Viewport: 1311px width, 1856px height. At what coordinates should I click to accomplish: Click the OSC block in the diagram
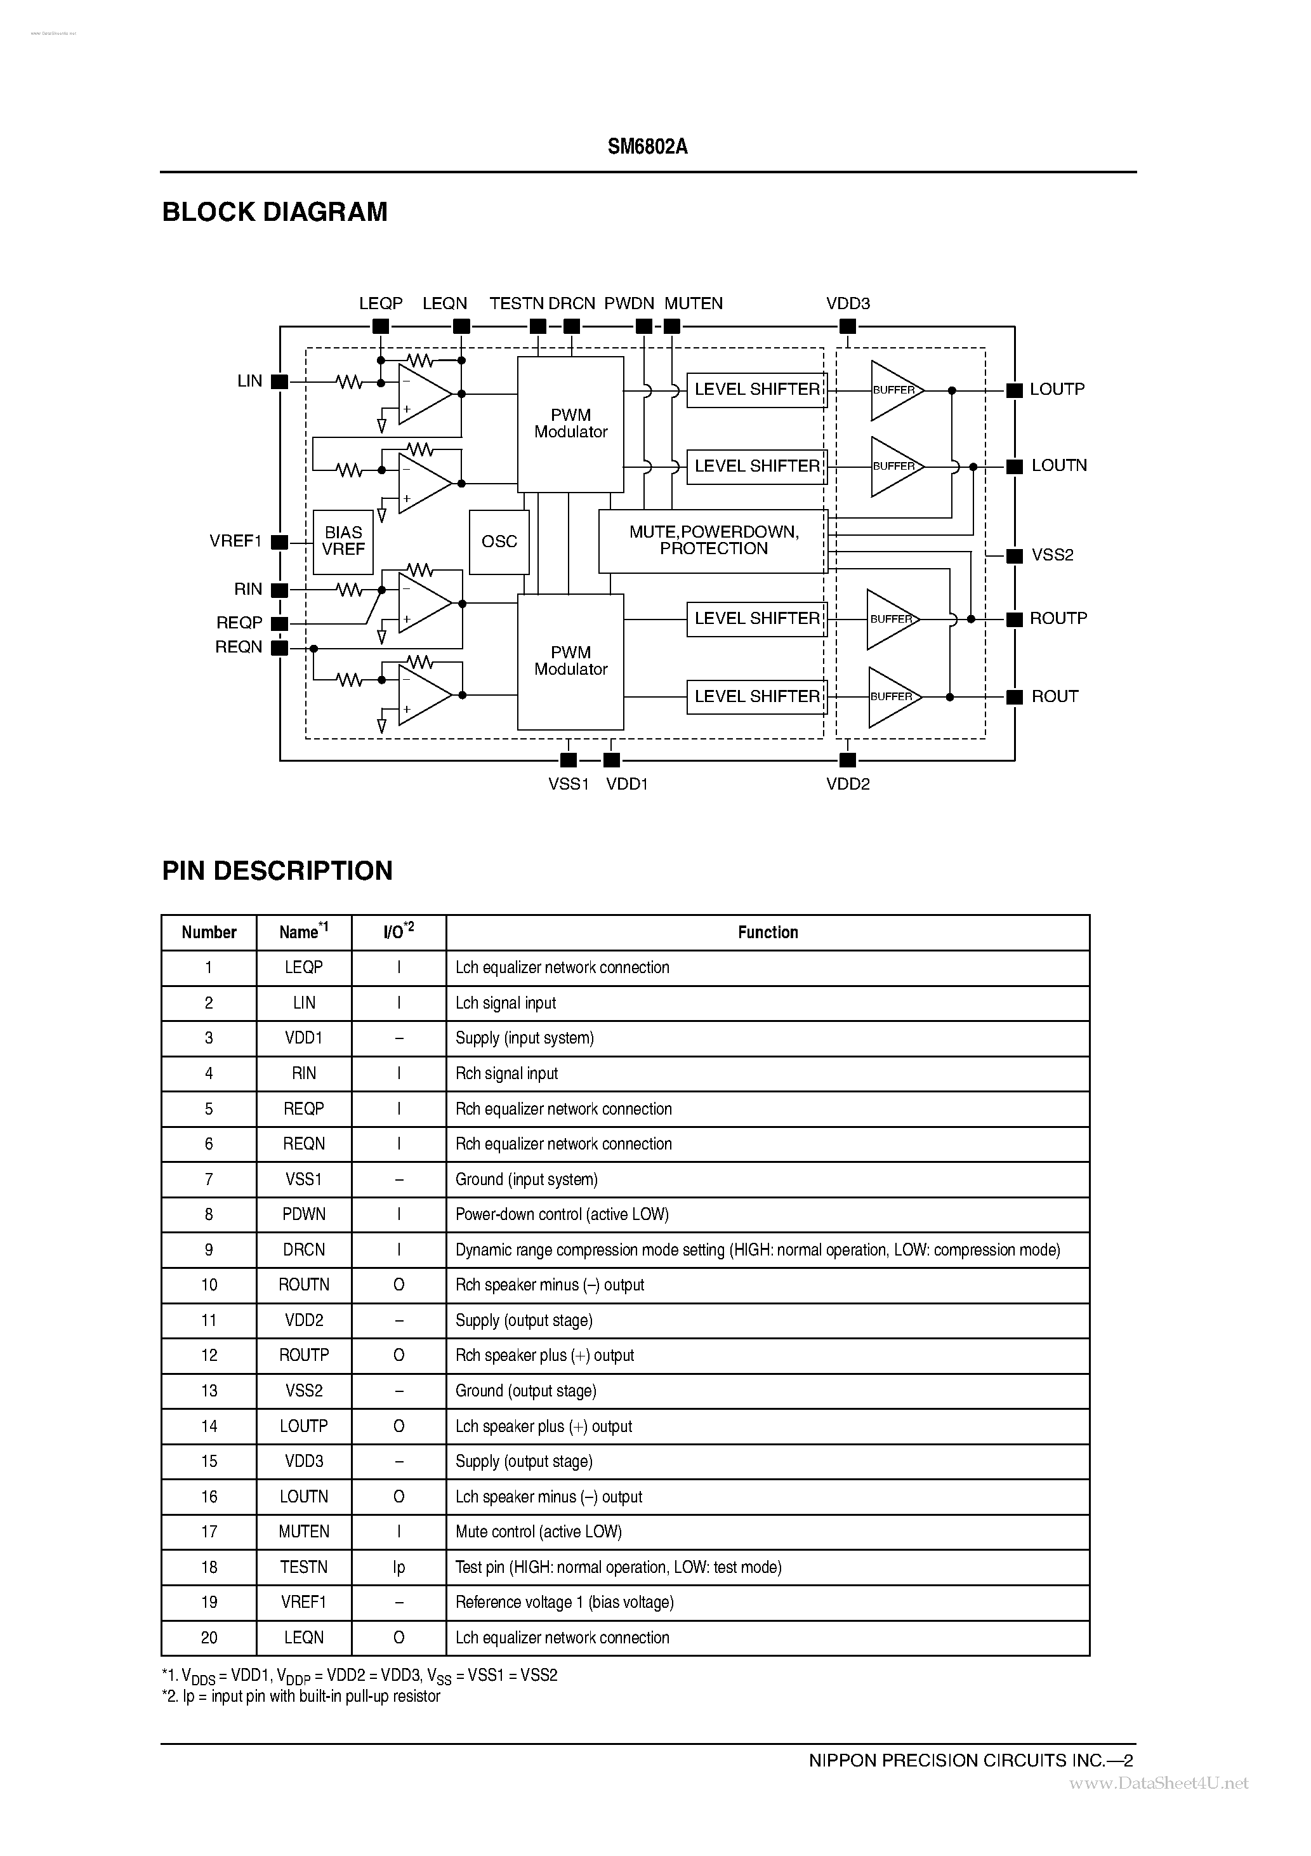tap(499, 541)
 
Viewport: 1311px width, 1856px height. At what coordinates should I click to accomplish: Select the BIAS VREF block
tap(343, 541)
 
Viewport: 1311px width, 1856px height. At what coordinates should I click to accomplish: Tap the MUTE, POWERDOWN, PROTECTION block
tap(713, 541)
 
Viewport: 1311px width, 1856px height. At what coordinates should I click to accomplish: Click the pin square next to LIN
tap(279, 381)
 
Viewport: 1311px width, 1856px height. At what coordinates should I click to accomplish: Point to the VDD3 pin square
tap(847, 327)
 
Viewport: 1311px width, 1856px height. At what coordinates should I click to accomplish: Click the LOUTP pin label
tap(1057, 390)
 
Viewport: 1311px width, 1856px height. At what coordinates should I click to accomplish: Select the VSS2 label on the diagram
tap(1051, 555)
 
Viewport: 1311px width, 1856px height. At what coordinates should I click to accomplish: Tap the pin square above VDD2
tap(847, 760)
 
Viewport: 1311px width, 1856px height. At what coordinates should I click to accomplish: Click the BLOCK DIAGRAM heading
tap(275, 212)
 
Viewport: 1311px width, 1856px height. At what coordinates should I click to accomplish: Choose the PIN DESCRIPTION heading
tap(277, 871)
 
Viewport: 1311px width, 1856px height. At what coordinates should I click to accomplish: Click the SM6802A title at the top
tap(647, 147)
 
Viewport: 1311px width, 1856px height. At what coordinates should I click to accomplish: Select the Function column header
tap(767, 932)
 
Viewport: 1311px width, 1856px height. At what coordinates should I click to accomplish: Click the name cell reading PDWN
tap(304, 1214)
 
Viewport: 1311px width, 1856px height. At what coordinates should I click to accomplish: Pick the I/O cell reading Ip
tap(399, 1567)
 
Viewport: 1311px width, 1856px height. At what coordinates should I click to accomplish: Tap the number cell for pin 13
tap(209, 1390)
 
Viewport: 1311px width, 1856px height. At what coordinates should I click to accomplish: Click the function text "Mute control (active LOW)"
tap(538, 1531)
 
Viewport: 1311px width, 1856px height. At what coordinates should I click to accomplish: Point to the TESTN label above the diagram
tap(517, 304)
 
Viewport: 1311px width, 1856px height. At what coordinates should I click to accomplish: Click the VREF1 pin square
tap(279, 543)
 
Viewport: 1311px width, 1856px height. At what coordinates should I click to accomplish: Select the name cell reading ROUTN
tap(304, 1285)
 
